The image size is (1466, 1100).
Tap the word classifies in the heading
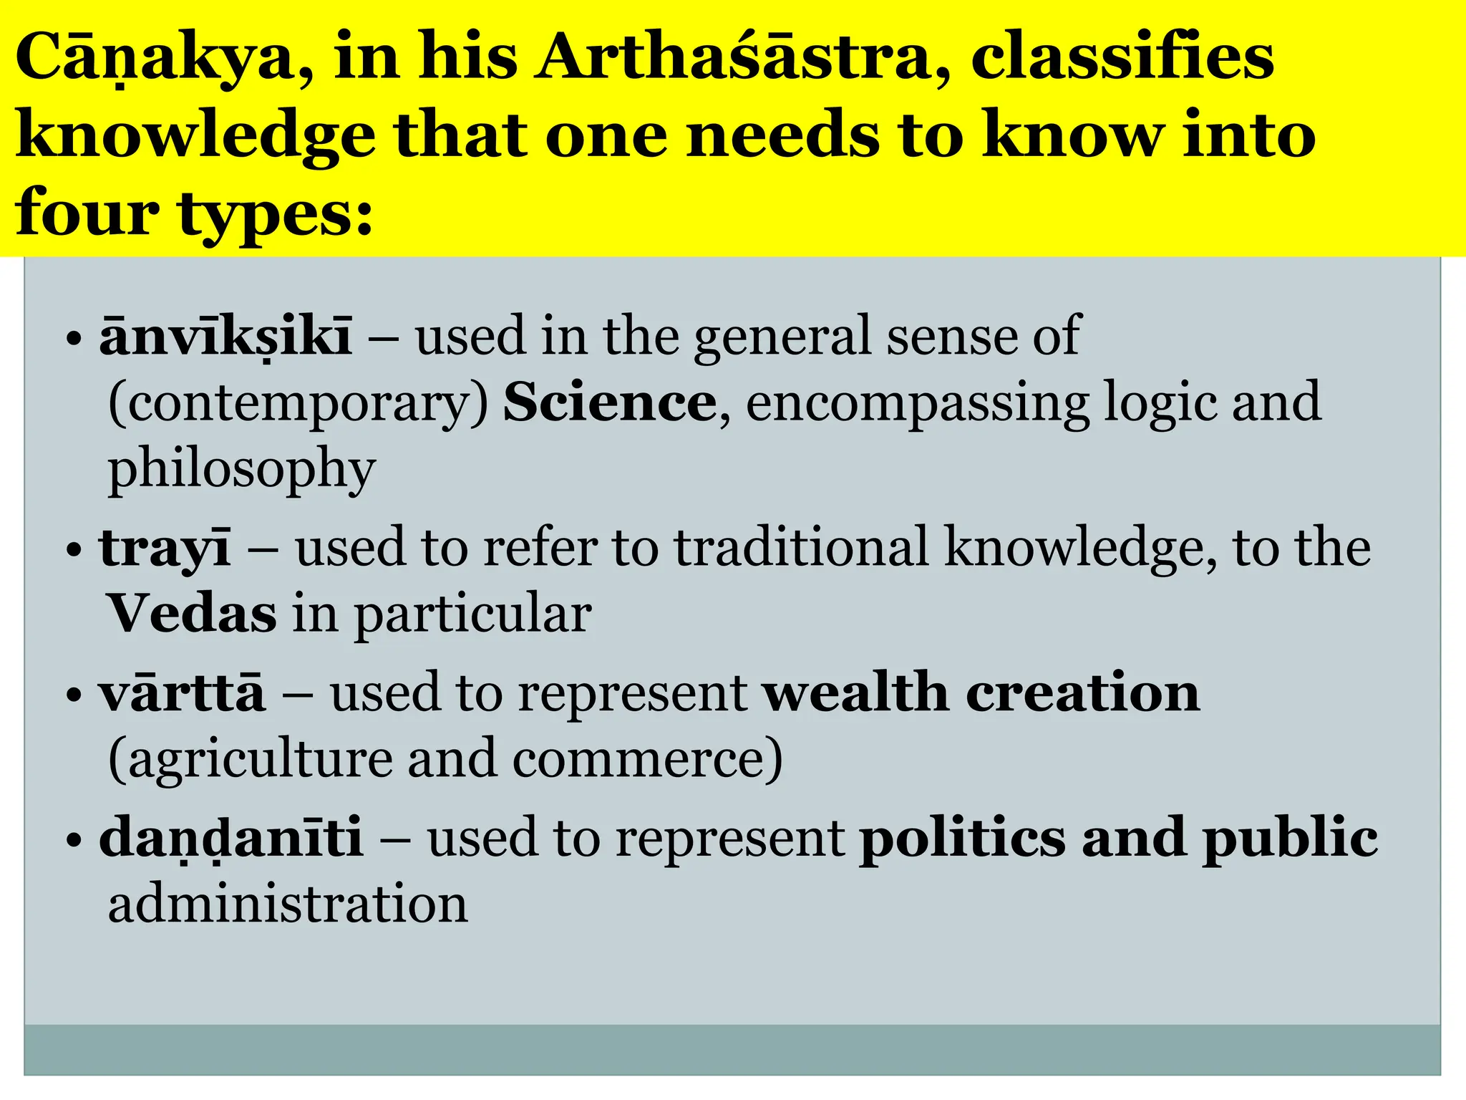(1122, 57)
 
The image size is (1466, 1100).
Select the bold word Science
(609, 403)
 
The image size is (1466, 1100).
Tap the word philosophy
(242, 470)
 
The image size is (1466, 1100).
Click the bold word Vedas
(192, 614)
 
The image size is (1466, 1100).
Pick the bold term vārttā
(182, 693)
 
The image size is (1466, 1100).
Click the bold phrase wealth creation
(981, 693)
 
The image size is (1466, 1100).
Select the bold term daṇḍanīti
(231, 838)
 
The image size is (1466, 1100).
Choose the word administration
(288, 904)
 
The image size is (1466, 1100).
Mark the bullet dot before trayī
(74, 552)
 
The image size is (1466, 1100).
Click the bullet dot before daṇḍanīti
(74, 840)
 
